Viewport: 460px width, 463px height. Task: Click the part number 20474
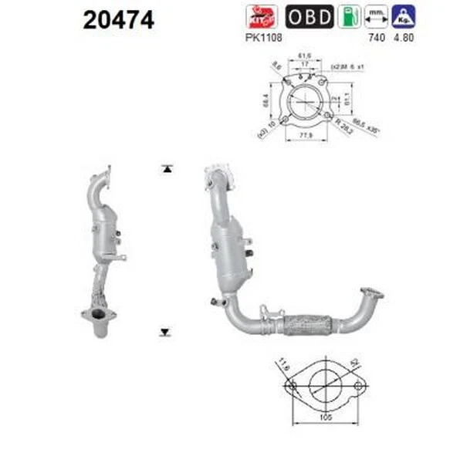pos(119,19)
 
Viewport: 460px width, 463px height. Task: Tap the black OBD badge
pos(309,16)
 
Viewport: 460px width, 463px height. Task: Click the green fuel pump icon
pos(349,16)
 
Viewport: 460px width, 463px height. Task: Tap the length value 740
pos(376,35)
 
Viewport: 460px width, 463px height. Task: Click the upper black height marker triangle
pos(165,169)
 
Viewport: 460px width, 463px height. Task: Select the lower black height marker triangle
pos(165,332)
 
